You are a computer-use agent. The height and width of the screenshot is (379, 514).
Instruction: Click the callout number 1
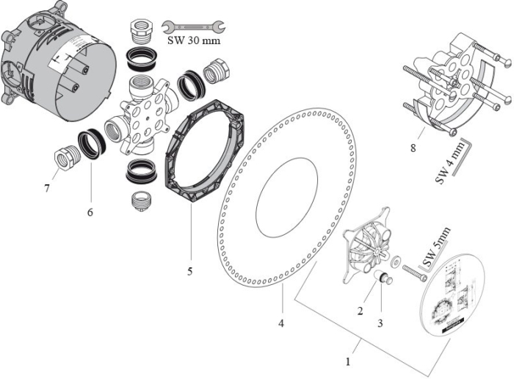pos(349,361)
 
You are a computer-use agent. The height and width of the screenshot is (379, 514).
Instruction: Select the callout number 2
pos(361,310)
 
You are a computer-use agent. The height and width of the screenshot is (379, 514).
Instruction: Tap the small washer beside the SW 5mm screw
pos(396,260)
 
